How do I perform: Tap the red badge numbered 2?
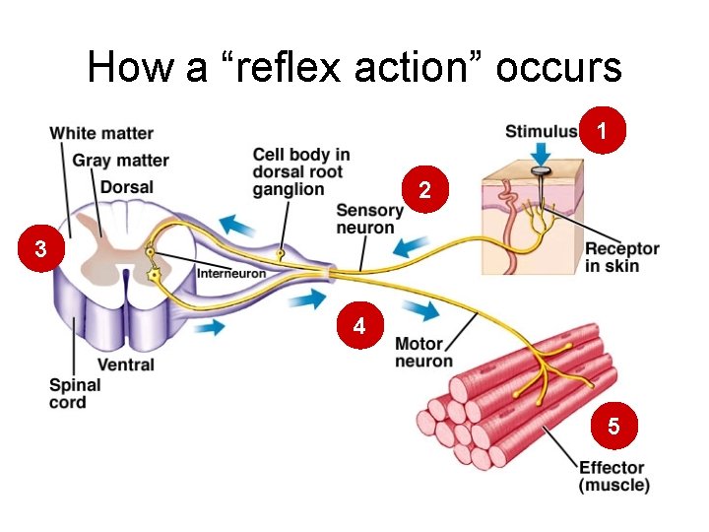[x=424, y=190]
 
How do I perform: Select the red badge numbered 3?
[x=39, y=250]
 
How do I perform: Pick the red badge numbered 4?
[x=360, y=326]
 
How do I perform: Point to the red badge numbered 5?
[x=613, y=427]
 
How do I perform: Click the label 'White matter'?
[x=101, y=133]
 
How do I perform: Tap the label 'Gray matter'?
[x=120, y=160]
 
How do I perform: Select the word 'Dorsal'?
[x=126, y=186]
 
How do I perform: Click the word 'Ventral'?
[x=126, y=365]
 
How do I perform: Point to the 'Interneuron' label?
[x=231, y=273]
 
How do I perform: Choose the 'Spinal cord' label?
[x=75, y=393]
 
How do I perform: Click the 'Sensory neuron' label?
[x=369, y=219]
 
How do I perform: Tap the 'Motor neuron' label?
[x=424, y=352]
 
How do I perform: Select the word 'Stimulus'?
[x=542, y=131]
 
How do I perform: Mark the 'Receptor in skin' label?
[x=621, y=257]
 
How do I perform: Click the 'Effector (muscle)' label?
[x=613, y=476]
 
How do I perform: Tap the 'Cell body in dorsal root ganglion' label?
[x=300, y=171]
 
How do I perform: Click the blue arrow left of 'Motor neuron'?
[x=421, y=311]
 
